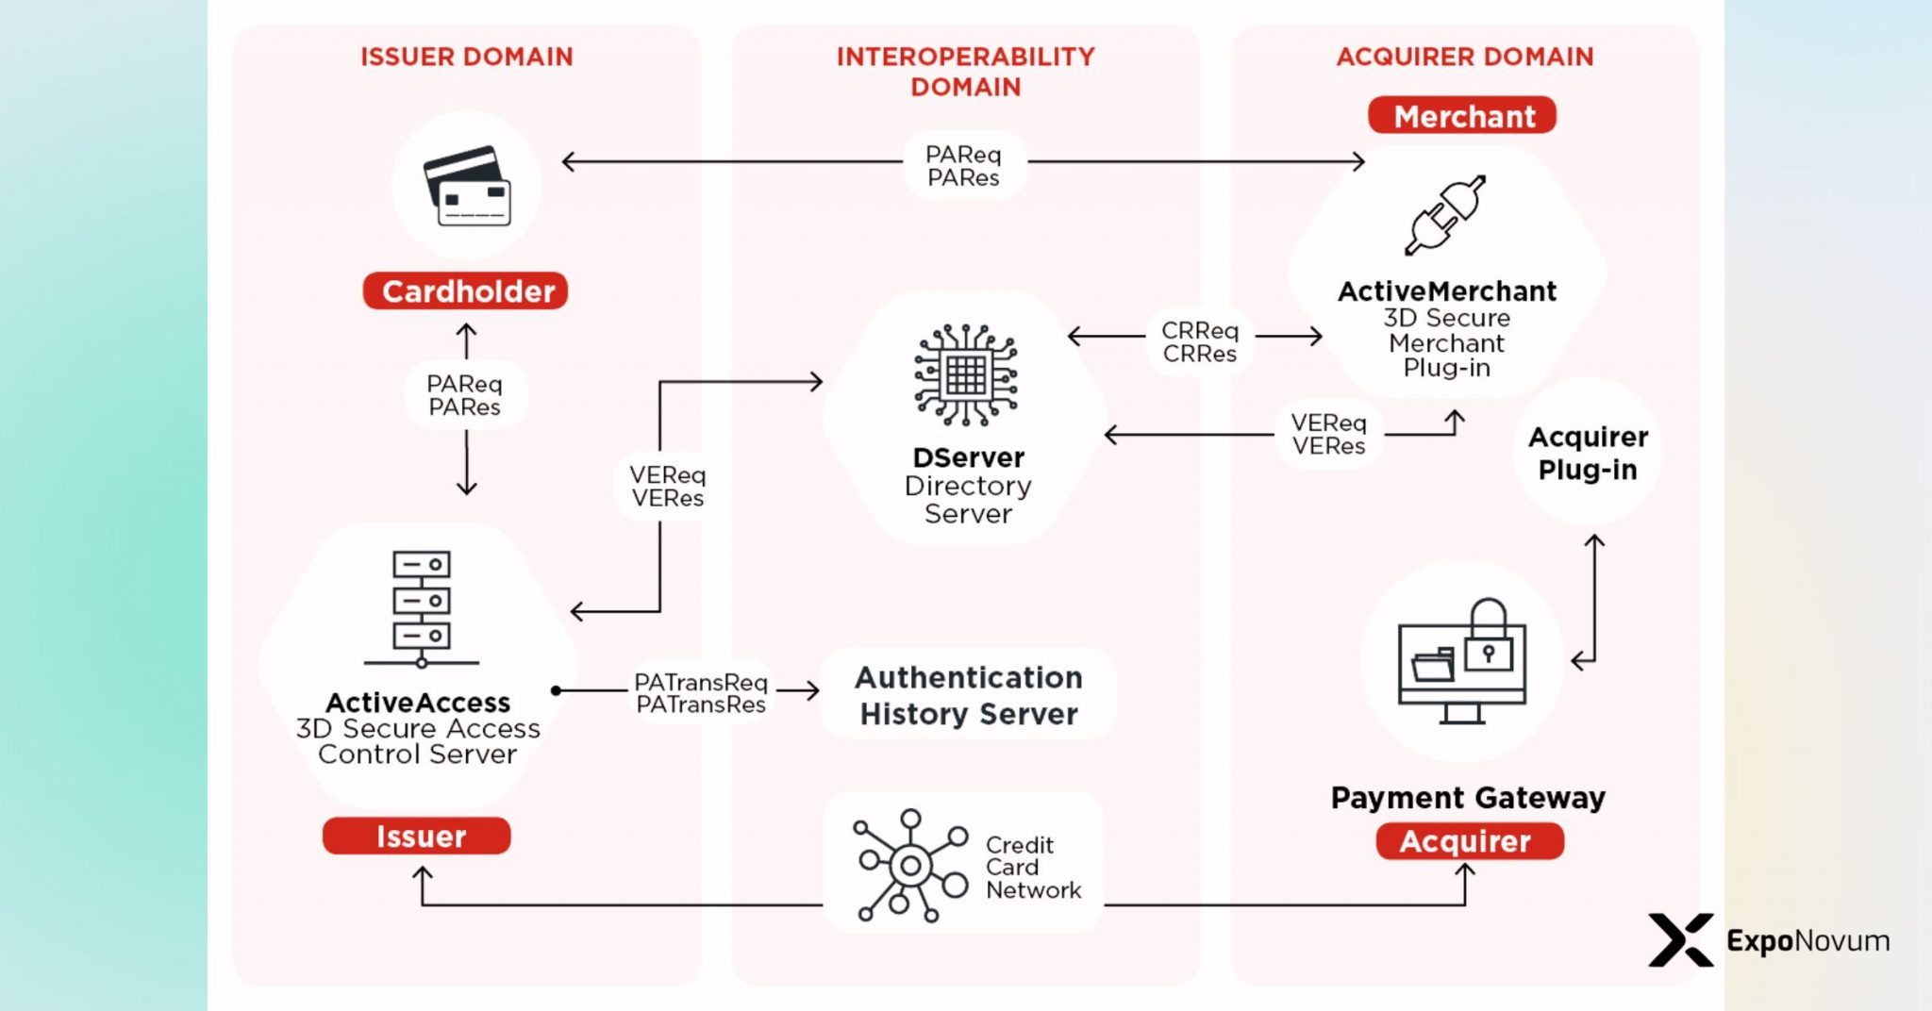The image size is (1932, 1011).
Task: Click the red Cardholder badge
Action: point(466,290)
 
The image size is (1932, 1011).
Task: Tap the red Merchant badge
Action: point(1462,115)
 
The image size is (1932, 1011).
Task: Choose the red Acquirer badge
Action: point(1469,840)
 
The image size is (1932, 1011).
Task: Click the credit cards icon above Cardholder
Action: point(468,186)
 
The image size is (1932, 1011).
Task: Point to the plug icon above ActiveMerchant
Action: point(1444,215)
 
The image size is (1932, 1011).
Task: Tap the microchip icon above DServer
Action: point(966,374)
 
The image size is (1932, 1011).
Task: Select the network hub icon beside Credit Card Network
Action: point(909,864)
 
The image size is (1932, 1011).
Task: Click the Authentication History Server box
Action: point(968,695)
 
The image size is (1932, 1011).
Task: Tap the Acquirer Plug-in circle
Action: point(1588,453)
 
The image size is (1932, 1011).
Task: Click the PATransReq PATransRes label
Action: point(700,693)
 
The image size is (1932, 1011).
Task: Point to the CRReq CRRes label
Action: point(1199,341)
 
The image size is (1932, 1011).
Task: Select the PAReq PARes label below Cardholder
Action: point(464,395)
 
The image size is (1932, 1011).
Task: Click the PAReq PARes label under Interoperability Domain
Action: point(963,166)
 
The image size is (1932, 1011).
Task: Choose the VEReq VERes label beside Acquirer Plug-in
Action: point(1328,434)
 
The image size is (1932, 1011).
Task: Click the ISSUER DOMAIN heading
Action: point(466,57)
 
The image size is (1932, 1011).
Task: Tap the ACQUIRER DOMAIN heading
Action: point(1464,57)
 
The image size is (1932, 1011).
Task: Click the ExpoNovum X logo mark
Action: point(1680,939)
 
